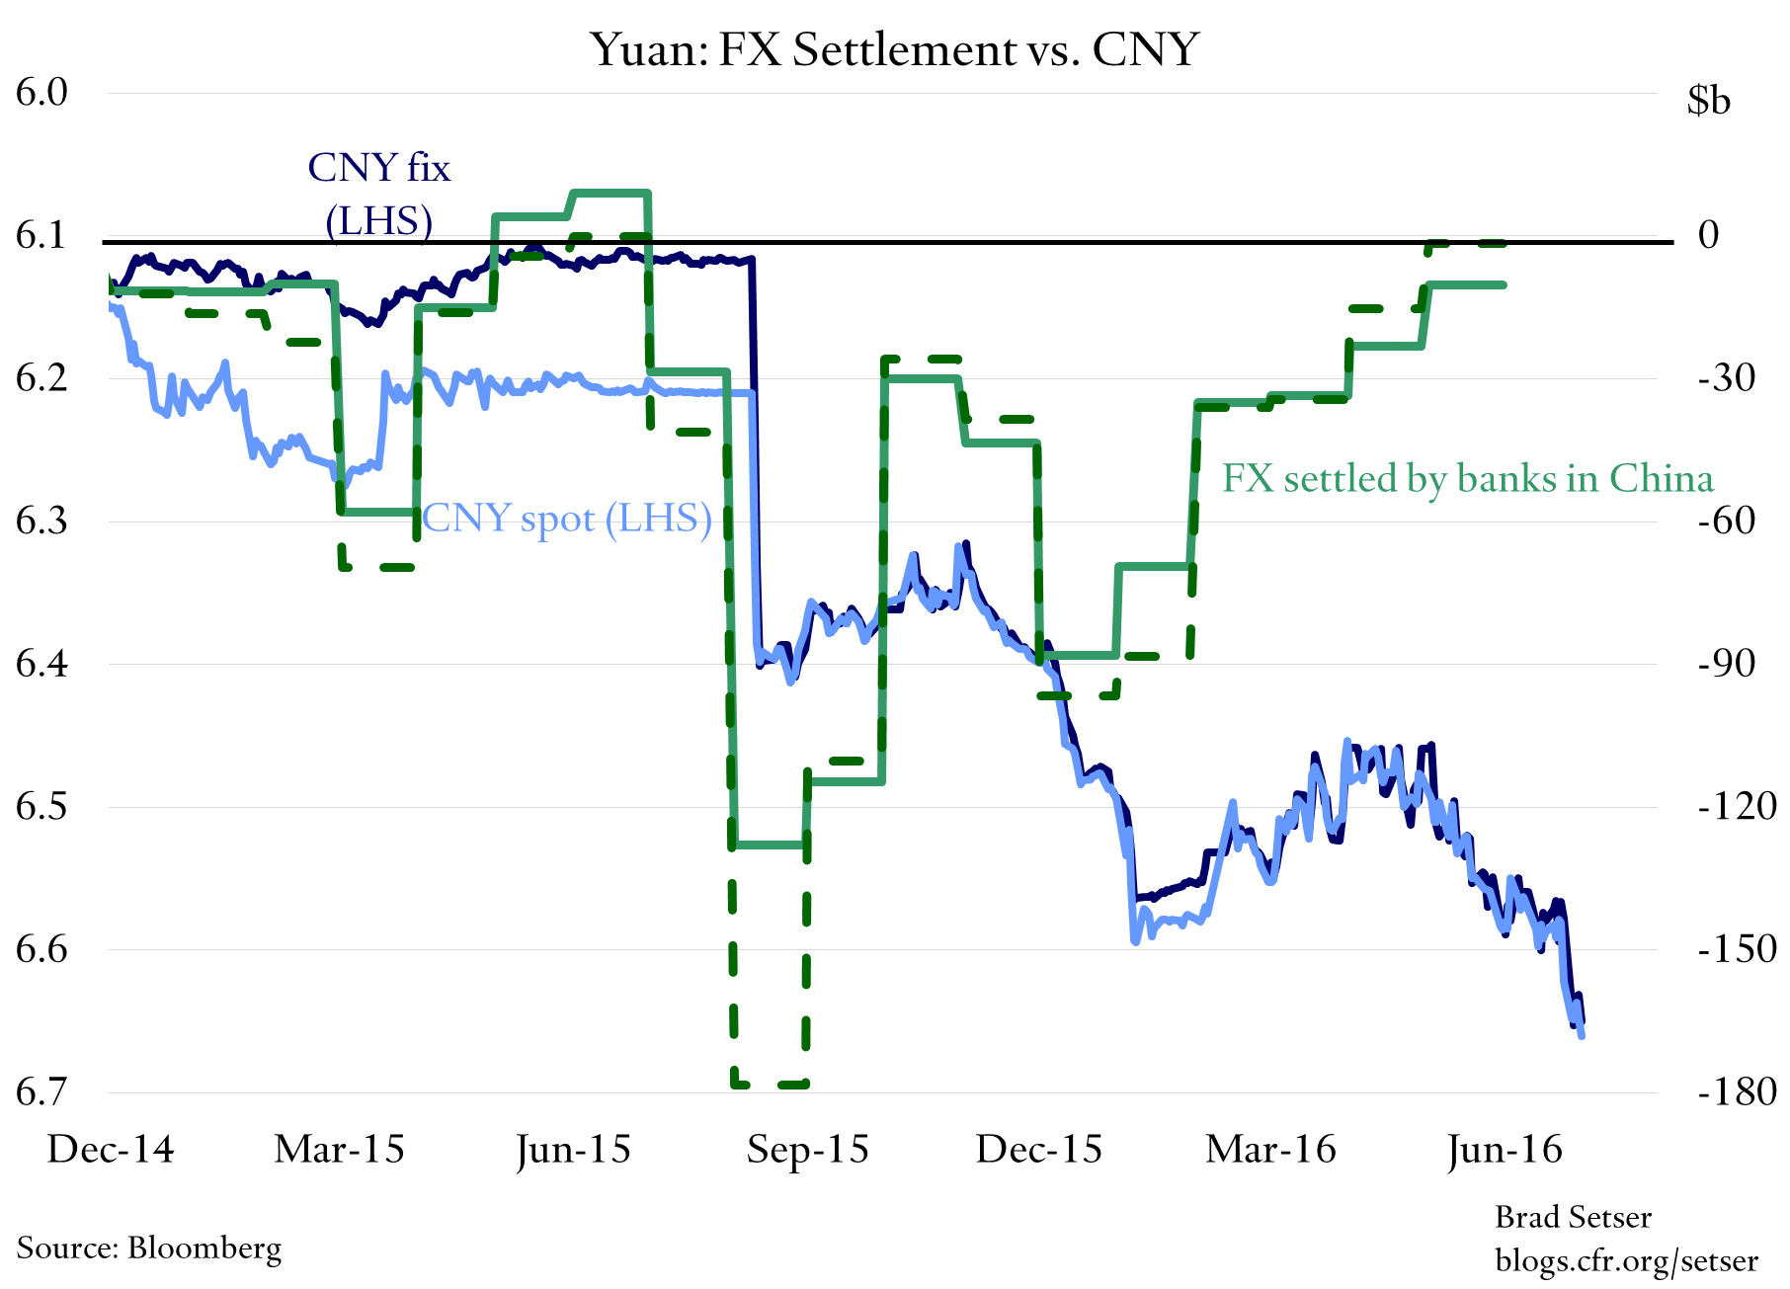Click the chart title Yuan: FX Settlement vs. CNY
click(x=894, y=49)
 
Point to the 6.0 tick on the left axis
click(x=41, y=93)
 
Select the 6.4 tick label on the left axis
click(x=41, y=664)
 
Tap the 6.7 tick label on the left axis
click(x=41, y=1092)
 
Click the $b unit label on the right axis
click(x=1708, y=100)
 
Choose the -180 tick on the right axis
click(x=1737, y=1092)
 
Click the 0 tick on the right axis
click(x=1708, y=235)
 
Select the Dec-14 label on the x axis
click(x=111, y=1150)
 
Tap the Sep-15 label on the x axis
click(x=807, y=1150)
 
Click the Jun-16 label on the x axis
click(x=1505, y=1150)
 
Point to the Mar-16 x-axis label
click(x=1270, y=1150)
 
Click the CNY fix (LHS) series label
click(x=379, y=195)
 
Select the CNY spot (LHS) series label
click(x=567, y=519)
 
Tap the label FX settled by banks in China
click(x=1467, y=478)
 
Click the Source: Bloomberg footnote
click(x=149, y=1248)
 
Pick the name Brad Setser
click(x=1573, y=1217)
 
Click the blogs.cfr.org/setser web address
click(x=1626, y=1260)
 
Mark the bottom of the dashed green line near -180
click(x=771, y=1085)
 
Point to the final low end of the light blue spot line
click(x=1583, y=1035)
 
